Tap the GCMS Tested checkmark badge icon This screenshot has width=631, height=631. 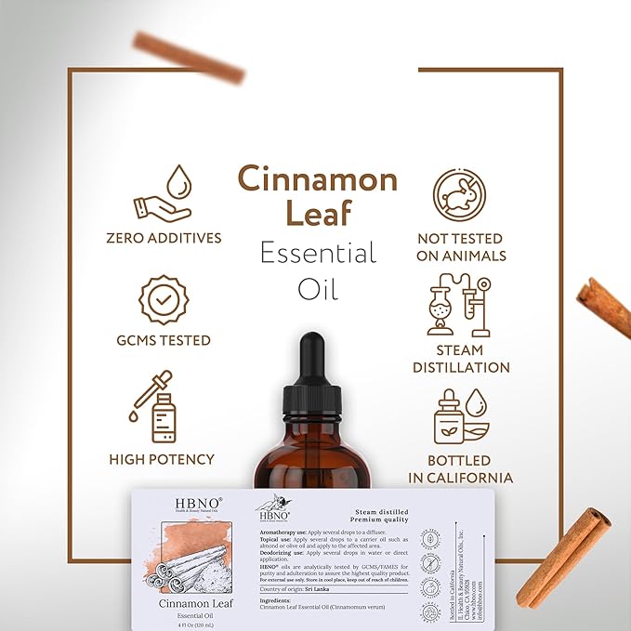pos(163,298)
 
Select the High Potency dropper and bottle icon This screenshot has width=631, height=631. pos(154,409)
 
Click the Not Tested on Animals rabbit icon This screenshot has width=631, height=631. pos(460,193)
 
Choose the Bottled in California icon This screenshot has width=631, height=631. pos(461,416)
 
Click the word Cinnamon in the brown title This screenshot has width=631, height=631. pos(317,178)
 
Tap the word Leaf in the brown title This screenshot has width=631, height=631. pos(317,215)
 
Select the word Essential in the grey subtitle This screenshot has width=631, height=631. pos(317,253)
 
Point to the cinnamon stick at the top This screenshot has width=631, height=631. pos(188,57)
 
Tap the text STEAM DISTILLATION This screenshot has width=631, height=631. pos(460,359)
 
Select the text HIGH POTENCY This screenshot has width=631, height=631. pos(162,459)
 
